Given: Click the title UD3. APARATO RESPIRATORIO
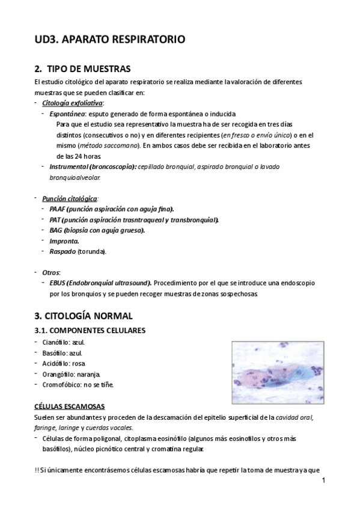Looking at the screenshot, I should pos(109,40).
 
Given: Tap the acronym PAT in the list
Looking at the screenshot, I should pos(56,220).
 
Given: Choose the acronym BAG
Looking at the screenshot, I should pos(57,230).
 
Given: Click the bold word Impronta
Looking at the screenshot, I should pos(64,241).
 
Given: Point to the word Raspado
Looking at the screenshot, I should pos(63,251).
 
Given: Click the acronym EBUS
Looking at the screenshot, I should pos(58,283).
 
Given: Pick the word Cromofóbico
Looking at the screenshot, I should pos(62,384).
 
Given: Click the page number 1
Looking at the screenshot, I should pos(323,480).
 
